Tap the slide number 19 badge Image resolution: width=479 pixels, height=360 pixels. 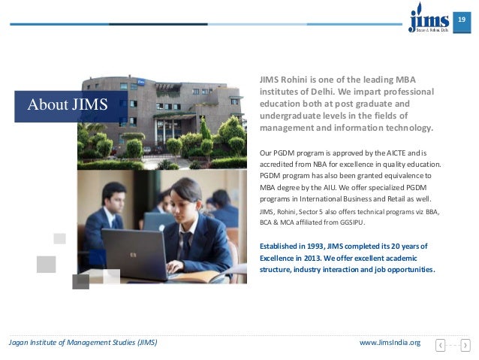(x=463, y=18)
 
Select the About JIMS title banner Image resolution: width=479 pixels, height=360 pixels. (x=68, y=104)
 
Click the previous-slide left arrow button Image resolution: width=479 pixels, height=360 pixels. (x=441, y=345)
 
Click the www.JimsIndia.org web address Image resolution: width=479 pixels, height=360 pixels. (x=390, y=343)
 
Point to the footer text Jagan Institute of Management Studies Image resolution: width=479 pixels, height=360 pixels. (x=83, y=343)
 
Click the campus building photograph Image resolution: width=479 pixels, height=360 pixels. (x=161, y=120)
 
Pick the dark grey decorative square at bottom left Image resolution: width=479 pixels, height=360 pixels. (x=80, y=281)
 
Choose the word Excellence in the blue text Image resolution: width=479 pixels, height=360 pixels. (x=279, y=257)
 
